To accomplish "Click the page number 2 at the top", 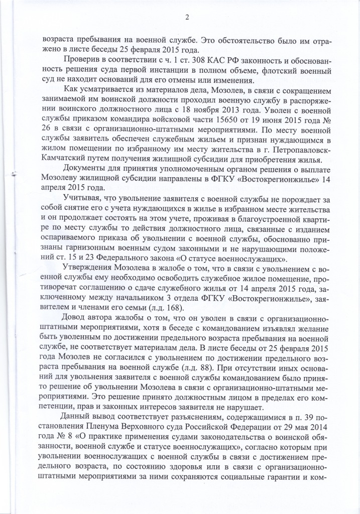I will [186, 19].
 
